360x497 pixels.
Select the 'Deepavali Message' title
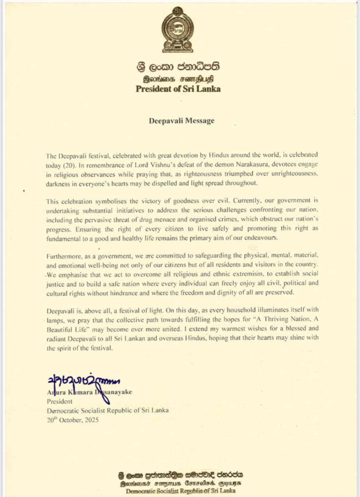point(181,121)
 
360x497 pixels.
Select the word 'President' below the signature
point(60,401)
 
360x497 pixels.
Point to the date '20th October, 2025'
point(73,420)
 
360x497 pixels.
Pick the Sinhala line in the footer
point(180,474)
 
